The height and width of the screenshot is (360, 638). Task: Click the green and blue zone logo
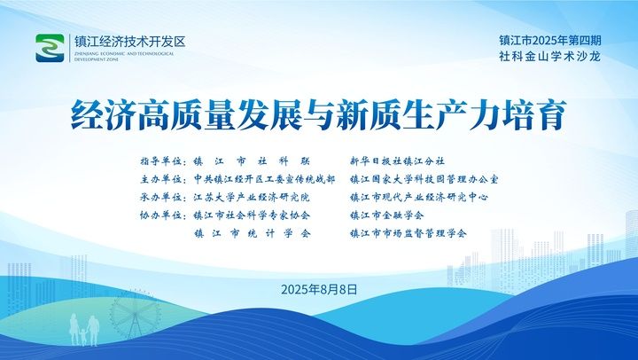[x=50, y=48]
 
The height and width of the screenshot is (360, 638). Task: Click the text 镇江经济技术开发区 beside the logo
[x=129, y=42]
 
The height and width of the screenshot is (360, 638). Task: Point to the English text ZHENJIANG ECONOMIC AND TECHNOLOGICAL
[x=124, y=54]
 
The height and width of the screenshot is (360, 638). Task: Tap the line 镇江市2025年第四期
[x=550, y=40]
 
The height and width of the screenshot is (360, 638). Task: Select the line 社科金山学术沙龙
[x=550, y=57]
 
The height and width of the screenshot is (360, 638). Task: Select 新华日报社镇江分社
[x=398, y=161]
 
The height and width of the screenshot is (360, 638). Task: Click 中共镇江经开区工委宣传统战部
[x=264, y=179]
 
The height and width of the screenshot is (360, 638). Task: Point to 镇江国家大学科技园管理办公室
[x=424, y=179]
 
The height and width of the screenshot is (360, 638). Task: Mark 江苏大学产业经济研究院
[x=252, y=198]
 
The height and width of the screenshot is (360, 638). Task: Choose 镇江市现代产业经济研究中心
[x=419, y=198]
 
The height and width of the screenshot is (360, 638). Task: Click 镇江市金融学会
[x=387, y=215]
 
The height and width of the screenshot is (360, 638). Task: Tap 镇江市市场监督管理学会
[x=408, y=234]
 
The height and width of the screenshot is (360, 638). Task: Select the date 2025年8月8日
[x=319, y=290]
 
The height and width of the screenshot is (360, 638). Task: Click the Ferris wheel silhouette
[x=135, y=315]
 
